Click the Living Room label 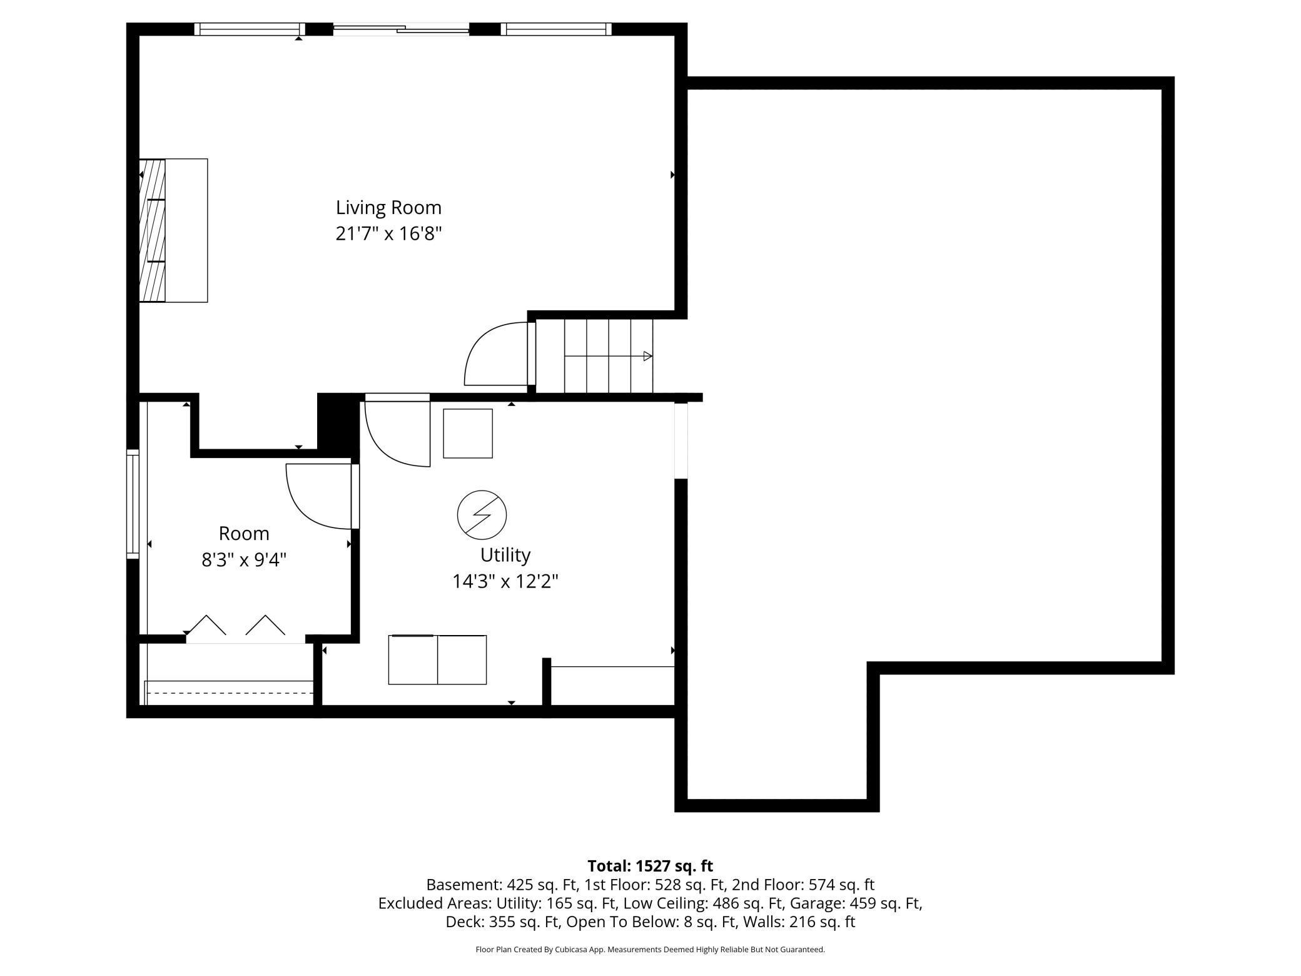pos(388,207)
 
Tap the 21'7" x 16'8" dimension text pos(388,234)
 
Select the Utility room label pos(505,555)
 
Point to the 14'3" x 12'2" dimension pos(505,582)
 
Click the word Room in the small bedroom pos(244,534)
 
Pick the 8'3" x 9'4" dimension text pos(244,560)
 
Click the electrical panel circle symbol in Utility pos(482,515)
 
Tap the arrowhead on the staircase pos(647,356)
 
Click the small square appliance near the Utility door pos(468,434)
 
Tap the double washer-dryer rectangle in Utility pos(437,659)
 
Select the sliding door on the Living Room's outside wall pos(401,29)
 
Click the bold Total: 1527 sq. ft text pos(650,866)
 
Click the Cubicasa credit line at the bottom pos(650,949)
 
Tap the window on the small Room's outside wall pos(133,503)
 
